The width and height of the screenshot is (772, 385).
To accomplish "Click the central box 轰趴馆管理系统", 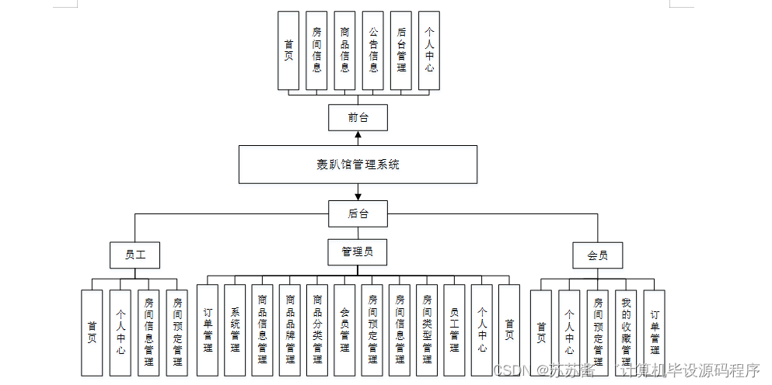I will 358,165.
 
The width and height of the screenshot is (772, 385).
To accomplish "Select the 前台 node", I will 358,118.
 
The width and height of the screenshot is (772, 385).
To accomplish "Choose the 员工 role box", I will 135,255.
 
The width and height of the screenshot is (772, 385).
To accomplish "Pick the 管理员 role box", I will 358,251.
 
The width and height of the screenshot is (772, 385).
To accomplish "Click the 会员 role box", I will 598,255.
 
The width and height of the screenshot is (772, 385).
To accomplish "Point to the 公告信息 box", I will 373,51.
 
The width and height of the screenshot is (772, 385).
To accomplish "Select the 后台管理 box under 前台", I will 401,51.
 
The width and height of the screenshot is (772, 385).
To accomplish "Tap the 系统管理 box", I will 235,330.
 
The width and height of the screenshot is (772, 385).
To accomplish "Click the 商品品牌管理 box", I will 290,330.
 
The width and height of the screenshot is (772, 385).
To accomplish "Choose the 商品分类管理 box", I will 317,330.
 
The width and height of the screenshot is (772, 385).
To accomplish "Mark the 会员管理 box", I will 344,330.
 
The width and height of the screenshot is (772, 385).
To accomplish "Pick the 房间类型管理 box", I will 427,330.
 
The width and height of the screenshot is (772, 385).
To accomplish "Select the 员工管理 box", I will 454,330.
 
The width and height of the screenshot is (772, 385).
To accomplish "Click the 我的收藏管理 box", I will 626,334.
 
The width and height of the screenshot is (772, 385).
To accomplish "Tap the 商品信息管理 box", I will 263,330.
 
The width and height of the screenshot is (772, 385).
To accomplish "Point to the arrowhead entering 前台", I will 358,134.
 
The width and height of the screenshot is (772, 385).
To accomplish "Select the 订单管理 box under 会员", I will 654,334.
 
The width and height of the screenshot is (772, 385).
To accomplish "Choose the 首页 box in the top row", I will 289,51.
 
